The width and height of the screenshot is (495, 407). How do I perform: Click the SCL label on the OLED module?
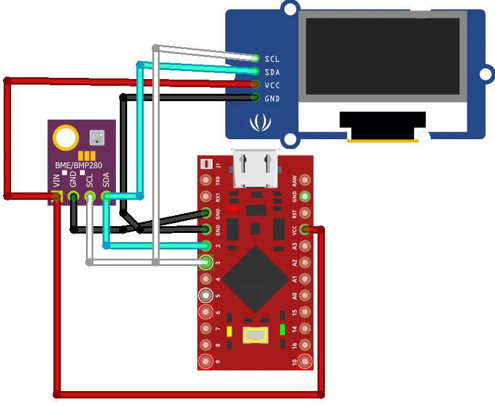272,59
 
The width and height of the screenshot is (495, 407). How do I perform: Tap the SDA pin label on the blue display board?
272,72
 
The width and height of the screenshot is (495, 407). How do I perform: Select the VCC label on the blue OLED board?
272,85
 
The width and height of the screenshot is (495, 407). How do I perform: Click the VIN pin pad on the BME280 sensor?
58,196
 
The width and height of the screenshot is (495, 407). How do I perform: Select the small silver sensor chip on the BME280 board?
97,137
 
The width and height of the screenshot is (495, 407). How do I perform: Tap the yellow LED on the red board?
229,332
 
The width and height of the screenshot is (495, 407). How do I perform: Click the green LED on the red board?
282,330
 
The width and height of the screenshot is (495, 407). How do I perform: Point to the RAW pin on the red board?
304,181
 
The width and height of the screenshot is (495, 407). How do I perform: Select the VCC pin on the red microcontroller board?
304,230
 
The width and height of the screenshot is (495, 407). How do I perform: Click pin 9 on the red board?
206,361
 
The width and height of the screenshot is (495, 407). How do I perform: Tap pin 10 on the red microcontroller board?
304,361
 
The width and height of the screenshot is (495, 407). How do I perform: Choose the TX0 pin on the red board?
206,181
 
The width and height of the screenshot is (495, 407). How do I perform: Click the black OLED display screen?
382,56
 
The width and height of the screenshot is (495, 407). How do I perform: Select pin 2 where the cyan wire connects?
206,246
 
